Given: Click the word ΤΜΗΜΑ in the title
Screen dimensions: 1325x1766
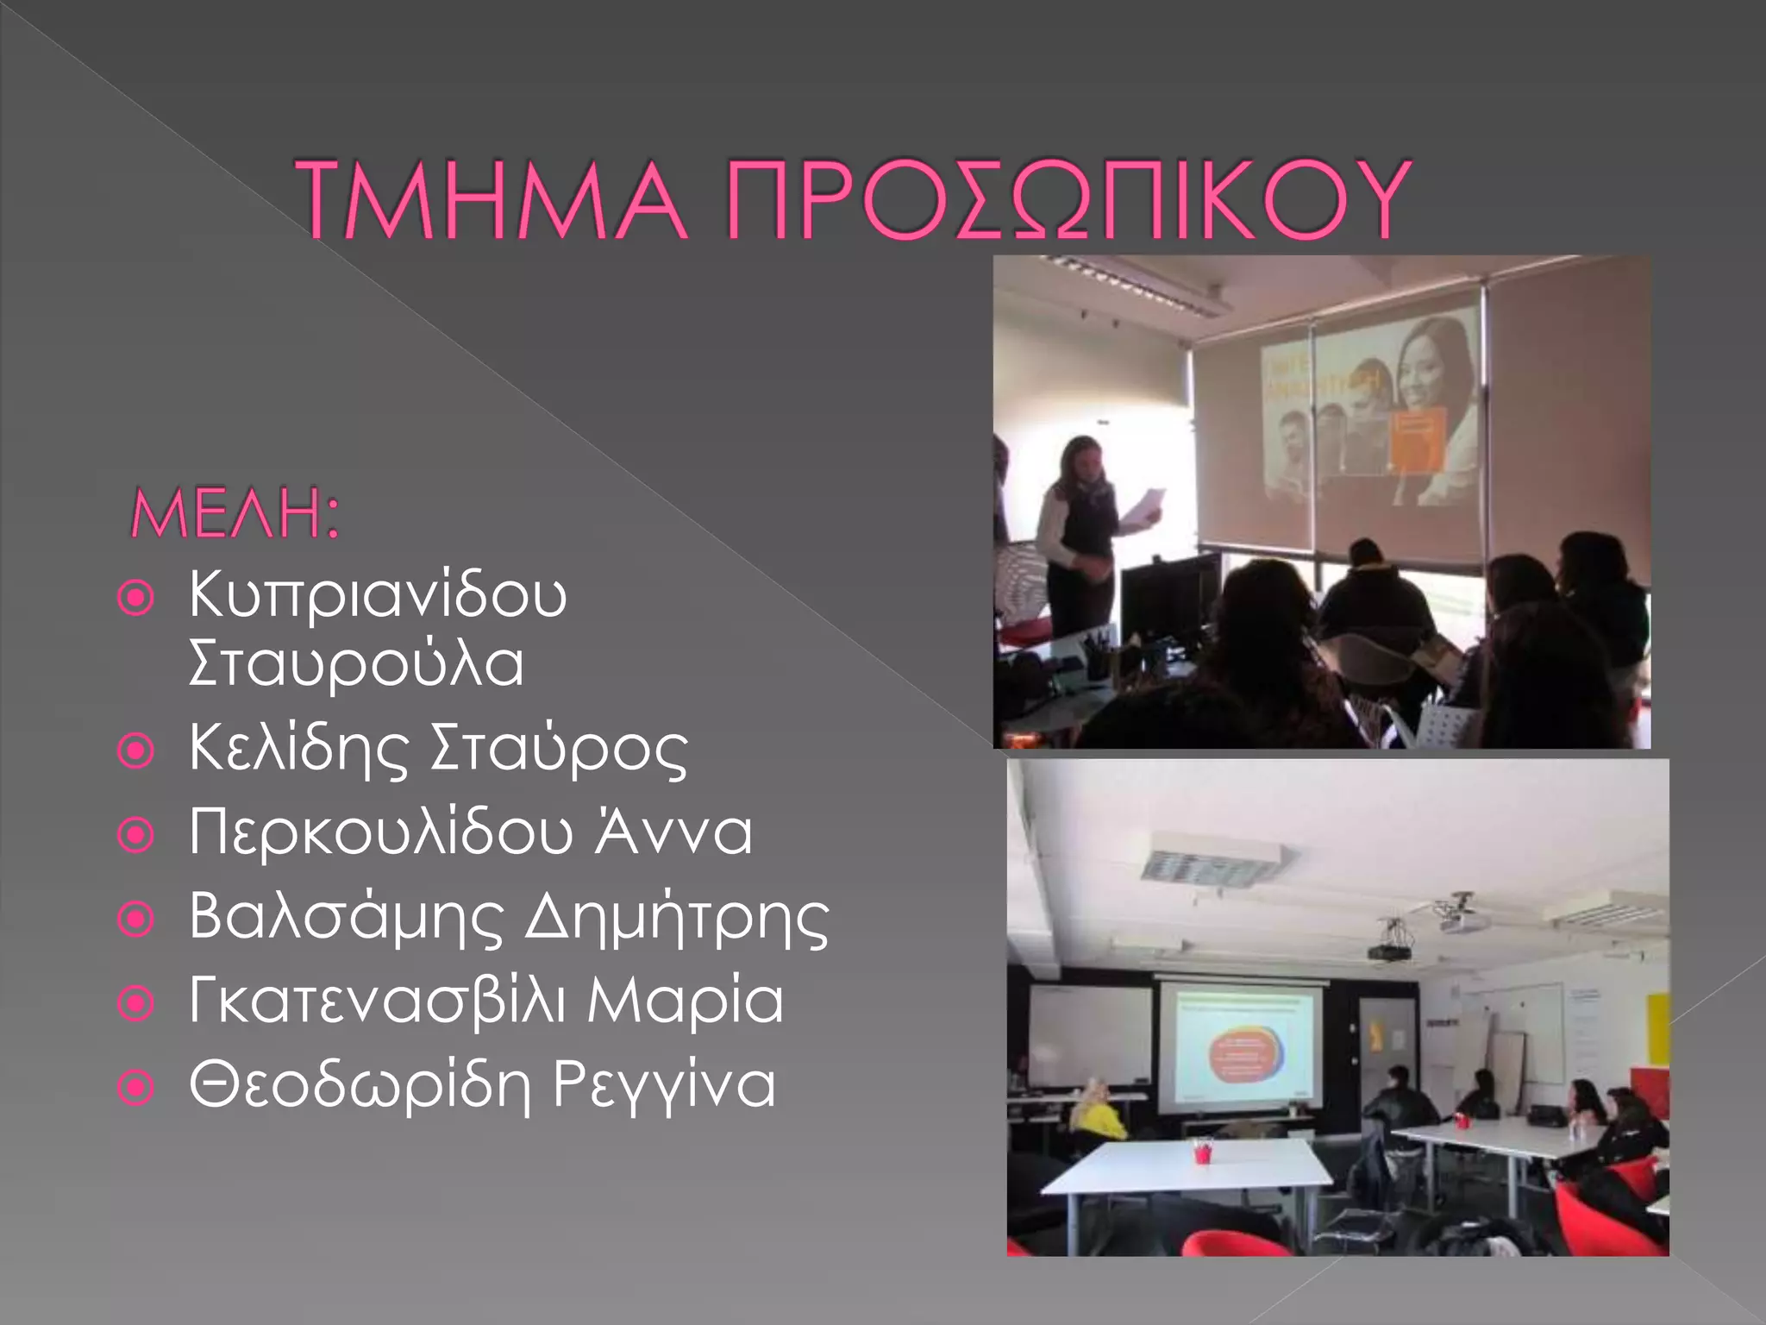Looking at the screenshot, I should [x=492, y=200].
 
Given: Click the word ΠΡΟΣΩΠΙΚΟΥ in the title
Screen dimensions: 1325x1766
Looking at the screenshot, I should [x=1068, y=200].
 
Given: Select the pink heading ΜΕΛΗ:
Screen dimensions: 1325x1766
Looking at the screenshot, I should [x=235, y=515].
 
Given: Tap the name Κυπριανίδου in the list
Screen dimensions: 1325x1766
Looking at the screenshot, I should [x=378, y=596].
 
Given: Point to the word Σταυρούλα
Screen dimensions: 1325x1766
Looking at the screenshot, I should [x=356, y=664].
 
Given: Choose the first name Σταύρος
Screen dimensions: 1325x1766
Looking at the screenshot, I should [x=558, y=749].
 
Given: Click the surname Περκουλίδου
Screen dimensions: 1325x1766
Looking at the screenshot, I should [x=380, y=833].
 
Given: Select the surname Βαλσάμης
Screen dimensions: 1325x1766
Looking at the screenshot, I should [x=345, y=917].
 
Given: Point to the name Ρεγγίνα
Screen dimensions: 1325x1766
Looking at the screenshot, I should [x=664, y=1085].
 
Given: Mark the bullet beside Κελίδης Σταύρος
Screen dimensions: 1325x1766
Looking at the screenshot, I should [x=135, y=750].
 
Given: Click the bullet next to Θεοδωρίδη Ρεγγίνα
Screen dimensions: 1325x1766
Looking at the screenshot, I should [x=135, y=1088].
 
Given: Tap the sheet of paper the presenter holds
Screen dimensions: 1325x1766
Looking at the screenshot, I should [x=1143, y=504].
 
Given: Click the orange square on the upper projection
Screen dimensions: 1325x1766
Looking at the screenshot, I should [x=1417, y=441].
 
